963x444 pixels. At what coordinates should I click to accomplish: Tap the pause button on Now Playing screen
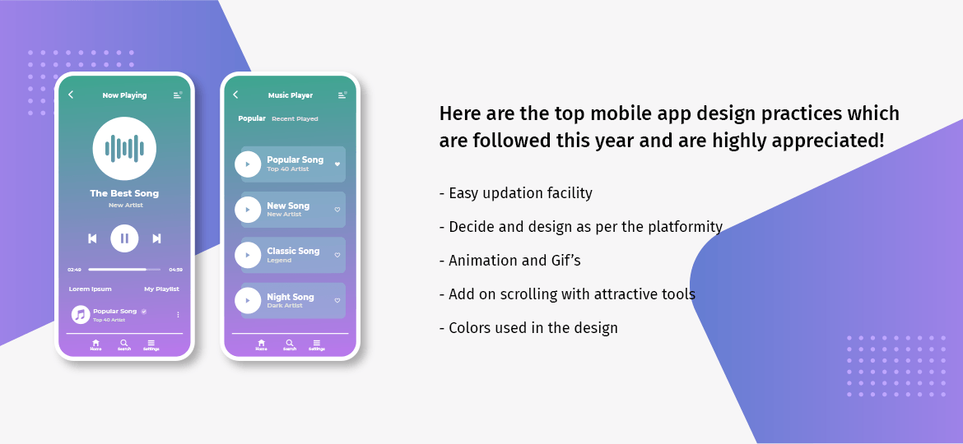pos(124,238)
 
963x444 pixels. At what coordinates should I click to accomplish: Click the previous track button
pos(92,238)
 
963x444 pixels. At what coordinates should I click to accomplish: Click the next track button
pos(156,238)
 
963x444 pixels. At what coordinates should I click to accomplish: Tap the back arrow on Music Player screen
pos(235,95)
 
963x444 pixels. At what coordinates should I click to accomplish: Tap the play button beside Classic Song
pos(248,255)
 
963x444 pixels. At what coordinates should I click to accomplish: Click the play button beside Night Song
pos(248,300)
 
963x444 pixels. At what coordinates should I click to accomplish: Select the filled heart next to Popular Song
pos(337,164)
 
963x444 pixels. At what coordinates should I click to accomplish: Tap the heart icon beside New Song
pos(337,210)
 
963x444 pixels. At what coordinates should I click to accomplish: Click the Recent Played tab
pos(295,119)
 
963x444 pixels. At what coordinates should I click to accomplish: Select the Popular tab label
pos(252,118)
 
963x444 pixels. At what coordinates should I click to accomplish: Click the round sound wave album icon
pos(124,148)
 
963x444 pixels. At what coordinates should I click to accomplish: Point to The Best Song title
pos(124,193)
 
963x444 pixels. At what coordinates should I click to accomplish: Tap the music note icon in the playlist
pos(81,314)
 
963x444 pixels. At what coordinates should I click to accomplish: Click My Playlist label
pos(161,289)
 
